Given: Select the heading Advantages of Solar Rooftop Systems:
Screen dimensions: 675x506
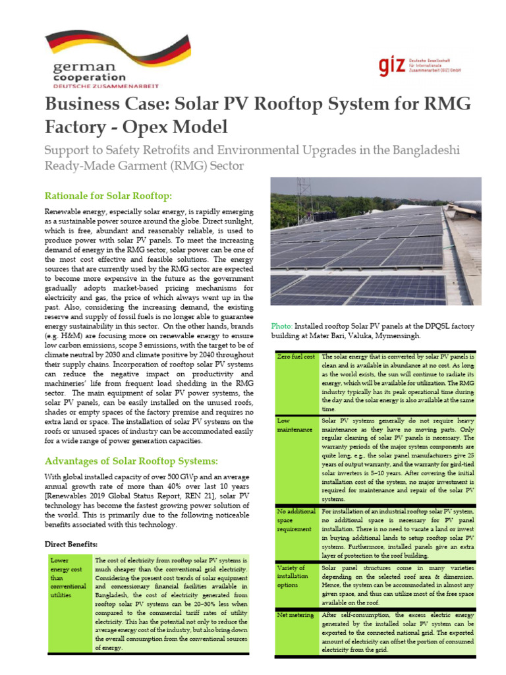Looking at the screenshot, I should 131,460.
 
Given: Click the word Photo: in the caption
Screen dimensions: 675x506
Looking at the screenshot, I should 282,326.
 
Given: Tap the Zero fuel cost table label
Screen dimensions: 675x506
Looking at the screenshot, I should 296,357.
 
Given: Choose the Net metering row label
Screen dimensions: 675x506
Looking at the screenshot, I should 295,614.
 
